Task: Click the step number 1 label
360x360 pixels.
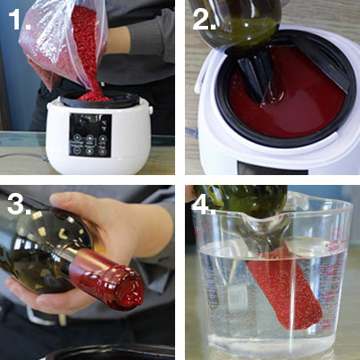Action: [x=19, y=19]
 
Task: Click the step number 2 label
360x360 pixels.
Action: [x=204, y=19]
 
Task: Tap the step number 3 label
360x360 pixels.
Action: [x=19, y=204]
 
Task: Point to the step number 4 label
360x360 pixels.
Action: [x=204, y=204]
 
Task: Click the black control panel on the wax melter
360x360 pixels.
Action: [x=90, y=135]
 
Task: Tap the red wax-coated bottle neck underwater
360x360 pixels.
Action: [x=283, y=286]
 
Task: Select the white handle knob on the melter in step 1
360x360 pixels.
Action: [x=150, y=109]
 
